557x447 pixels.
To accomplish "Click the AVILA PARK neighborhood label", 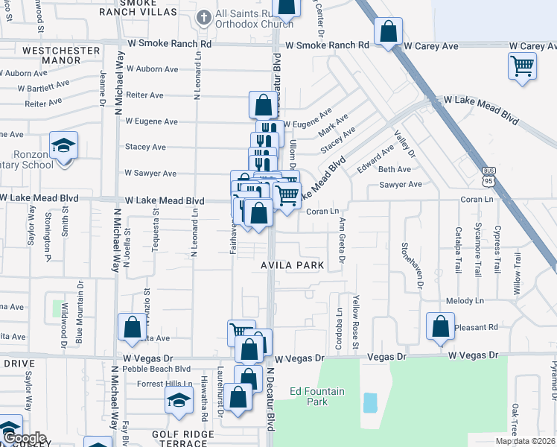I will (292, 265).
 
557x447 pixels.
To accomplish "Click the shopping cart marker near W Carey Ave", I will (522, 66).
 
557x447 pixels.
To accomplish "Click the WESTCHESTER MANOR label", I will (51, 56).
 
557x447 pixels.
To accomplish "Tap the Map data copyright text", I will (524, 441).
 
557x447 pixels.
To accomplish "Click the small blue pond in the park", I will (370, 403).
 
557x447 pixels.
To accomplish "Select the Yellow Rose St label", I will (356, 326).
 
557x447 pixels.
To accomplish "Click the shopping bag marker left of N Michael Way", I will (132, 327).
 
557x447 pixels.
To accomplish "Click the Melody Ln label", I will (466, 301).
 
